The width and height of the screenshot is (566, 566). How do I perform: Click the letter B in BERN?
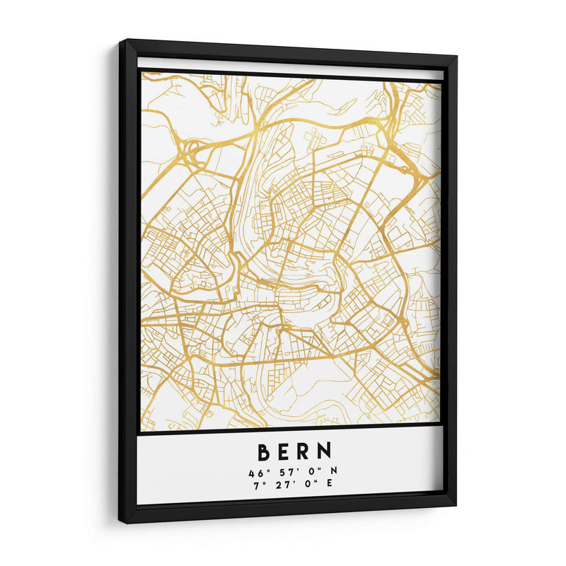click(264, 451)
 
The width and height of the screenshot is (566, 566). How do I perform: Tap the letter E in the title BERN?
click(284, 451)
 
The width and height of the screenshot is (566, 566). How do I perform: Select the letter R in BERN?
click(304, 451)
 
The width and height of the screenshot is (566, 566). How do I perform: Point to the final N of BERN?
click(325, 451)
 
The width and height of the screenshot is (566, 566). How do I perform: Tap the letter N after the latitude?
click(333, 472)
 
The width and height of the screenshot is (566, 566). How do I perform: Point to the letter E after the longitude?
click(328, 484)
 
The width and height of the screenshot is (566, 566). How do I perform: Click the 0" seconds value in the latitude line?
click(311, 472)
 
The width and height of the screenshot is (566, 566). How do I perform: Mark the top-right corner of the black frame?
click(457, 56)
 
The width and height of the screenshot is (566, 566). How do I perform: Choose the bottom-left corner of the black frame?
click(120, 524)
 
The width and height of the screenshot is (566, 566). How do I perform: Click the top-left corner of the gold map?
click(141, 71)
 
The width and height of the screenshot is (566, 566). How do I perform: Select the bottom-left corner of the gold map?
click(141, 431)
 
